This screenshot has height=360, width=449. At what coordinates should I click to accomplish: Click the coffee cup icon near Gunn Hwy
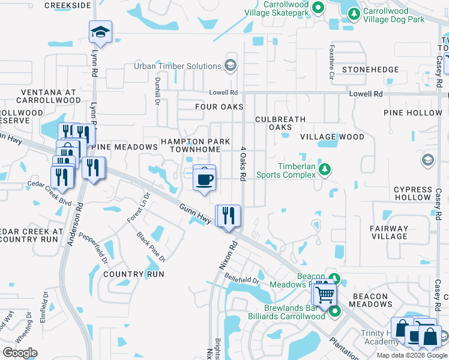pyautogui.click(x=205, y=179)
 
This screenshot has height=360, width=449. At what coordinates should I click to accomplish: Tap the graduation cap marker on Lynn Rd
pyautogui.click(x=100, y=34)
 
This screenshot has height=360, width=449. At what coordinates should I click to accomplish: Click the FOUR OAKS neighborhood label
pyautogui.click(x=219, y=107)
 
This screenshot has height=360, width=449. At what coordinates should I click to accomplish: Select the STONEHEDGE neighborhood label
pyautogui.click(x=370, y=70)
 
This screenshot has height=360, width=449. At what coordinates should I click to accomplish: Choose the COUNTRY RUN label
pyautogui.click(x=133, y=274)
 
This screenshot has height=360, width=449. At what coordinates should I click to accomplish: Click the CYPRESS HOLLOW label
pyautogui.click(x=412, y=193)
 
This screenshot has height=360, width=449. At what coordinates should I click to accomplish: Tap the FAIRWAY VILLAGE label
pyautogui.click(x=389, y=232)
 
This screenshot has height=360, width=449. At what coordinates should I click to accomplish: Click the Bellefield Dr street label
pyautogui.click(x=241, y=280)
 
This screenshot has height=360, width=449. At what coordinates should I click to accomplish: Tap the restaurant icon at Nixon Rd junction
pyautogui.click(x=228, y=216)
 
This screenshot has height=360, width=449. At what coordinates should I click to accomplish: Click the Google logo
pyautogui.click(x=20, y=353)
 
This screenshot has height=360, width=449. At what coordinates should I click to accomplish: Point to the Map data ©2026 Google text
pyautogui.click(x=412, y=355)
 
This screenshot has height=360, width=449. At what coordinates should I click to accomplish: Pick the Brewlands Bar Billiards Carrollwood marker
pyautogui.click(x=334, y=311)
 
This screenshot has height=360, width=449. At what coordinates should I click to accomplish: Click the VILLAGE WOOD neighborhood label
pyautogui.click(x=332, y=137)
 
